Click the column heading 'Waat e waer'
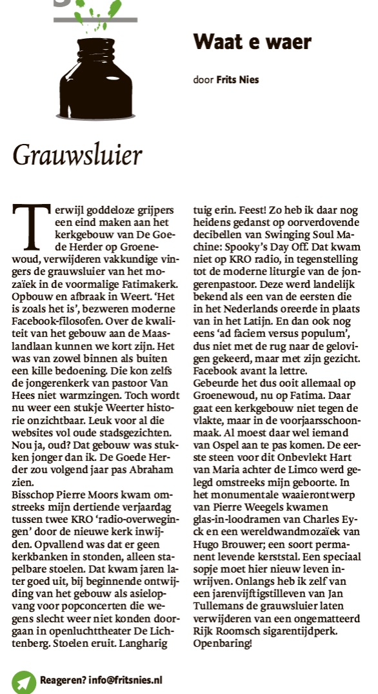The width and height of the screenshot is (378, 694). pyautogui.click(x=252, y=43)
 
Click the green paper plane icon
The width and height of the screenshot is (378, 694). pyautogui.click(x=24, y=680)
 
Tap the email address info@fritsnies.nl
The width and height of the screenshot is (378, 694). pyautogui.click(x=128, y=680)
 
